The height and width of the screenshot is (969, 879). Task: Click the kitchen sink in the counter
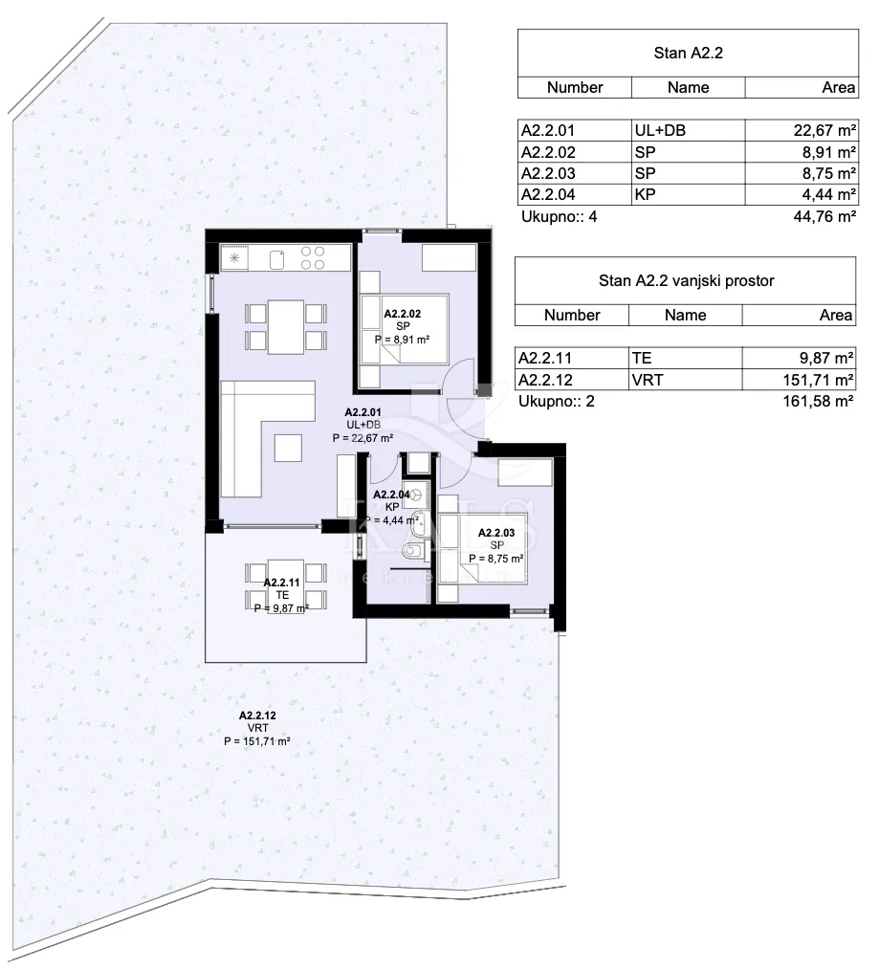click(x=277, y=259)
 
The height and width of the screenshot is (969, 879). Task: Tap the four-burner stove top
click(x=312, y=257)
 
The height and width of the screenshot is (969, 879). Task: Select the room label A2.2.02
click(x=403, y=314)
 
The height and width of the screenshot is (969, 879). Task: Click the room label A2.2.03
click(x=496, y=533)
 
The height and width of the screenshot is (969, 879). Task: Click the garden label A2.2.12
click(x=257, y=716)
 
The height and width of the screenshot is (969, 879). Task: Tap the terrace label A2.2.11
click(x=282, y=583)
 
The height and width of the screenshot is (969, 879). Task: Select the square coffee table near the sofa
click(x=289, y=448)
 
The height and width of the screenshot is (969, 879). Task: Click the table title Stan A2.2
click(x=688, y=54)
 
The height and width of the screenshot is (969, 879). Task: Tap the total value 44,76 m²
click(x=824, y=217)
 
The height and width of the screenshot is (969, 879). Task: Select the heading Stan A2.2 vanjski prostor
click(x=686, y=281)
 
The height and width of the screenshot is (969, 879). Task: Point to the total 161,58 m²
click(x=818, y=402)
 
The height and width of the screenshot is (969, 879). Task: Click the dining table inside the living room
click(x=286, y=327)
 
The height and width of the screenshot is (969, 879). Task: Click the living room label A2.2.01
click(x=363, y=412)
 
